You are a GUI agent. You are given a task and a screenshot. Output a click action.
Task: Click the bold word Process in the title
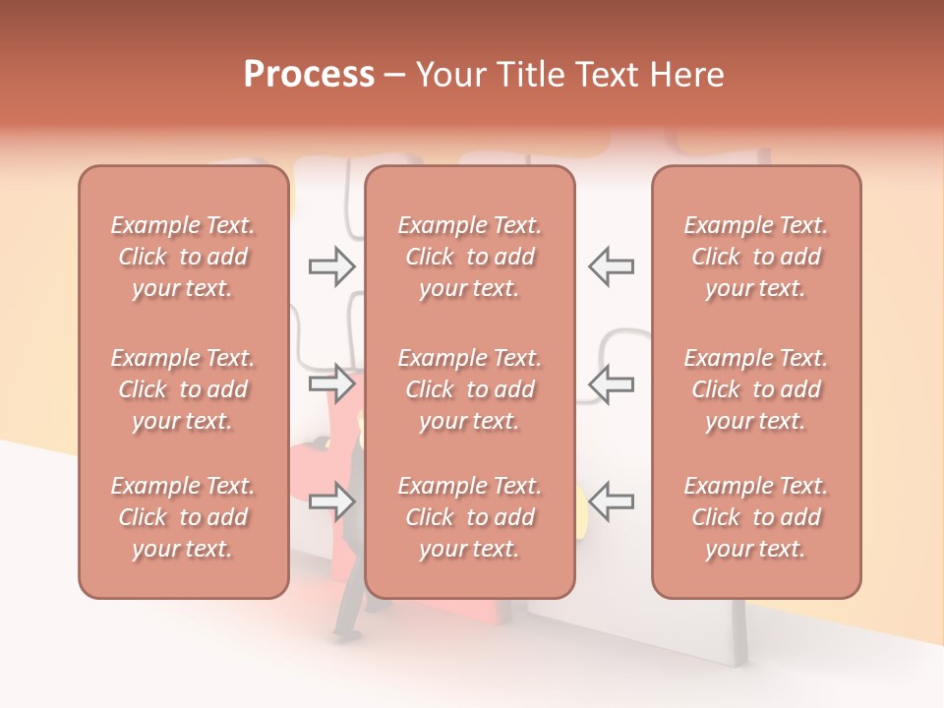tap(309, 75)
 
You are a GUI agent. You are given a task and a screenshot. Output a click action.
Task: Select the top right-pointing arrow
tap(331, 266)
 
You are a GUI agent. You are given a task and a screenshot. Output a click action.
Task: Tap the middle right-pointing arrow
tap(331, 383)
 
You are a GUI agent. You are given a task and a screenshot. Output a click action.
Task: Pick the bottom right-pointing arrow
tap(331, 501)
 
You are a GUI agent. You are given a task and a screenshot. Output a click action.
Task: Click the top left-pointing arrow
tap(611, 266)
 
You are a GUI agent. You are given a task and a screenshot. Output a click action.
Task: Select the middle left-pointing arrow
tap(611, 383)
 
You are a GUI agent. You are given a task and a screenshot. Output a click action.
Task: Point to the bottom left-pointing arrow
tap(611, 501)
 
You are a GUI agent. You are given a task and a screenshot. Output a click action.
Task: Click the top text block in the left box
tap(183, 257)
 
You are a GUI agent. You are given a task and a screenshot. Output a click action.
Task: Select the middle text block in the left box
tap(183, 389)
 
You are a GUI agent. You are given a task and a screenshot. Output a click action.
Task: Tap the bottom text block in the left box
tap(183, 517)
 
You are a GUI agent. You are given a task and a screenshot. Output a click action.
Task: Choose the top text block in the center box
tap(469, 257)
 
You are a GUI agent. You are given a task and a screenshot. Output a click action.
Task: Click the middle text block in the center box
tap(469, 389)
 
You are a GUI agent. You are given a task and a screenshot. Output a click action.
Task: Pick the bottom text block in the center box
tap(469, 517)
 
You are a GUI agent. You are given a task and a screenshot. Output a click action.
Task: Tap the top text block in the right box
tap(755, 257)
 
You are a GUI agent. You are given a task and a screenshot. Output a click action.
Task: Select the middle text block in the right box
tap(755, 389)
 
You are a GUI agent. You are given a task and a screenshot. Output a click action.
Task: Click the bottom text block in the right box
tap(755, 517)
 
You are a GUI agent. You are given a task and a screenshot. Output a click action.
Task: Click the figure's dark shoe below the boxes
tap(343, 631)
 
